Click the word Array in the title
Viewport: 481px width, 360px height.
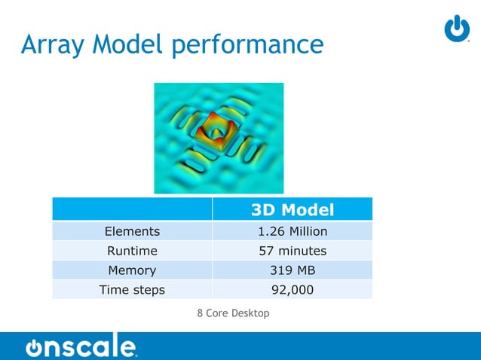(x=53, y=45)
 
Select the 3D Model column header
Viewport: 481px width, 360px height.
(x=293, y=209)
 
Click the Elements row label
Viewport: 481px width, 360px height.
(x=132, y=231)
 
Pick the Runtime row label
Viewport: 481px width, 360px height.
(x=132, y=251)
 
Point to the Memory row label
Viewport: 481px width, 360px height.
(x=132, y=270)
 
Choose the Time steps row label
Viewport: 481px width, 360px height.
(x=132, y=289)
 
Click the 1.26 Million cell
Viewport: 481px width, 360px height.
(x=293, y=231)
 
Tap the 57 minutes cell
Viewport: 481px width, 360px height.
(x=293, y=251)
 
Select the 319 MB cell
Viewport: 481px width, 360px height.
(x=293, y=270)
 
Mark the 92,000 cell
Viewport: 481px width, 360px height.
(x=293, y=289)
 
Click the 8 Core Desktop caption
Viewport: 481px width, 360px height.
(x=233, y=313)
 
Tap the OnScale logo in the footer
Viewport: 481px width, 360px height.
(x=81, y=347)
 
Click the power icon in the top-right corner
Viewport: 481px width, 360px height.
(x=457, y=29)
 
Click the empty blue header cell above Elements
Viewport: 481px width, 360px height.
(x=132, y=209)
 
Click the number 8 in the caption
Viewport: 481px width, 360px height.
(x=200, y=313)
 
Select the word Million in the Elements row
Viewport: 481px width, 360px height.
(x=306, y=231)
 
